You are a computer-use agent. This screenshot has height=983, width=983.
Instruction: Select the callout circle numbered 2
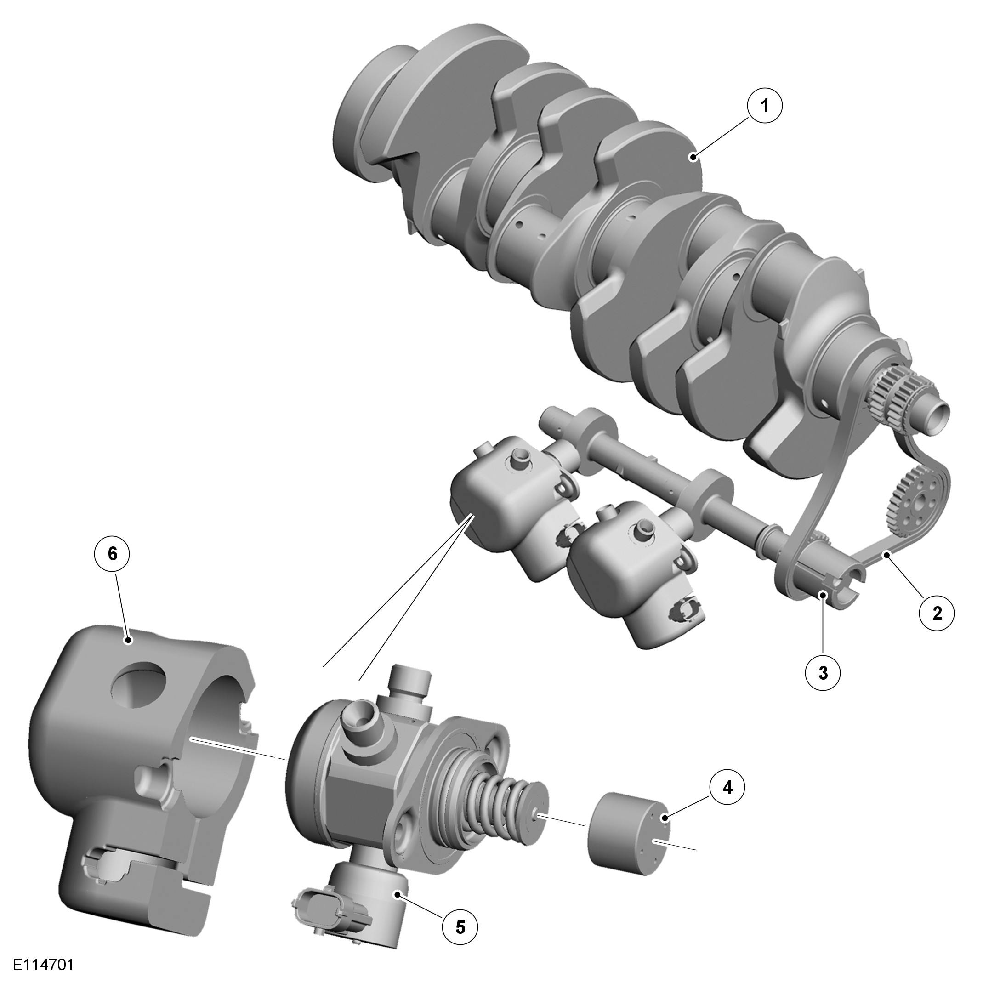coord(937,613)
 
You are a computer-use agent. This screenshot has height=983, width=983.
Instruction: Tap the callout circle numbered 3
coord(823,672)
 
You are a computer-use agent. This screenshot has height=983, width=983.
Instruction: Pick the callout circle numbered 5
coord(460,927)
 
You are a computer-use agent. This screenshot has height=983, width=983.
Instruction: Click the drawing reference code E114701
coord(44,965)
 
